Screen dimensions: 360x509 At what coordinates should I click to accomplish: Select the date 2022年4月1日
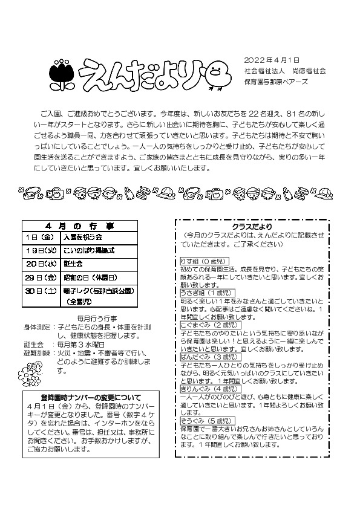pos(272,60)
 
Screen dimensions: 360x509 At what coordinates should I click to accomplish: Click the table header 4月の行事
pos(84,225)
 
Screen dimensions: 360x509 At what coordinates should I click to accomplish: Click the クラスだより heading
pos(252,226)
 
